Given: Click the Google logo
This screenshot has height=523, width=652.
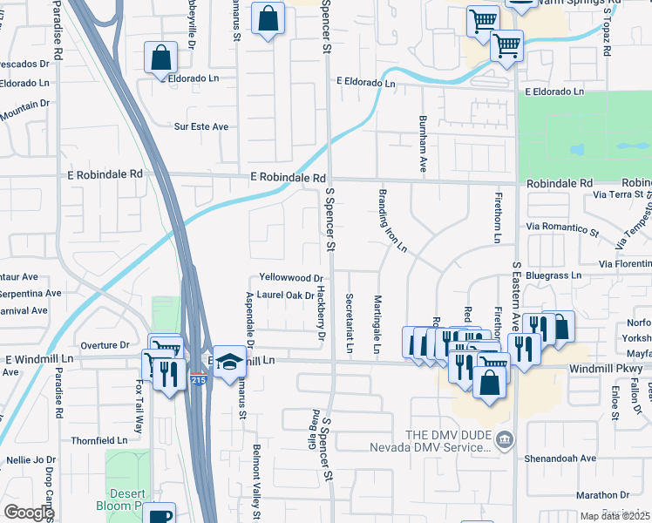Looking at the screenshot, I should pos(29,513).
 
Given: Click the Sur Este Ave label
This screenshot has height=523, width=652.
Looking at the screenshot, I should pos(200,126).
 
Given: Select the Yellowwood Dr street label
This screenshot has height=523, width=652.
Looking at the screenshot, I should pos(284,278).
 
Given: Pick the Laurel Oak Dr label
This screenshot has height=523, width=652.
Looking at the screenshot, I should pos(285,295).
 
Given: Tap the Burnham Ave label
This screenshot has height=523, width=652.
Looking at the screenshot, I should pos(423,142).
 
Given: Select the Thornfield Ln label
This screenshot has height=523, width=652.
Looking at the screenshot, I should pos(98,440).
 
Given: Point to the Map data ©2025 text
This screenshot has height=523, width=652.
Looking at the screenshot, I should pos(614,516).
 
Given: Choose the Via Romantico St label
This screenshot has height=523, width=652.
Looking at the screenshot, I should pos(562,233).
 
